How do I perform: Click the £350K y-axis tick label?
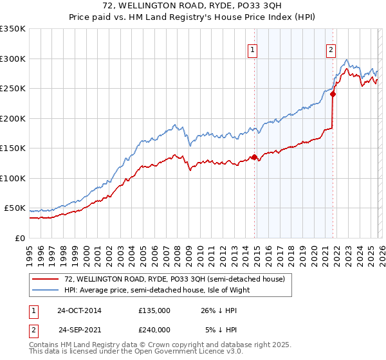point(13,29)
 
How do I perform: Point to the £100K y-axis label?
point(13,178)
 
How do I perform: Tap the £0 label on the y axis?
point(19,238)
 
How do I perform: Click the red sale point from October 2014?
point(254,157)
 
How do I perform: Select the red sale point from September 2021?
point(333,94)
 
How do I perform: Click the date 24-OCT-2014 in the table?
point(79,310)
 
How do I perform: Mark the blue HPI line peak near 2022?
point(347,60)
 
